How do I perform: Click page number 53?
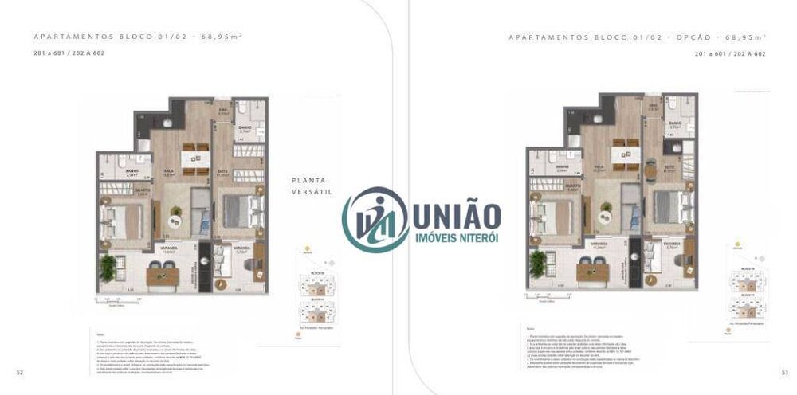click(784, 372)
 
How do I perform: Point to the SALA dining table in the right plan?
click(622, 152)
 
